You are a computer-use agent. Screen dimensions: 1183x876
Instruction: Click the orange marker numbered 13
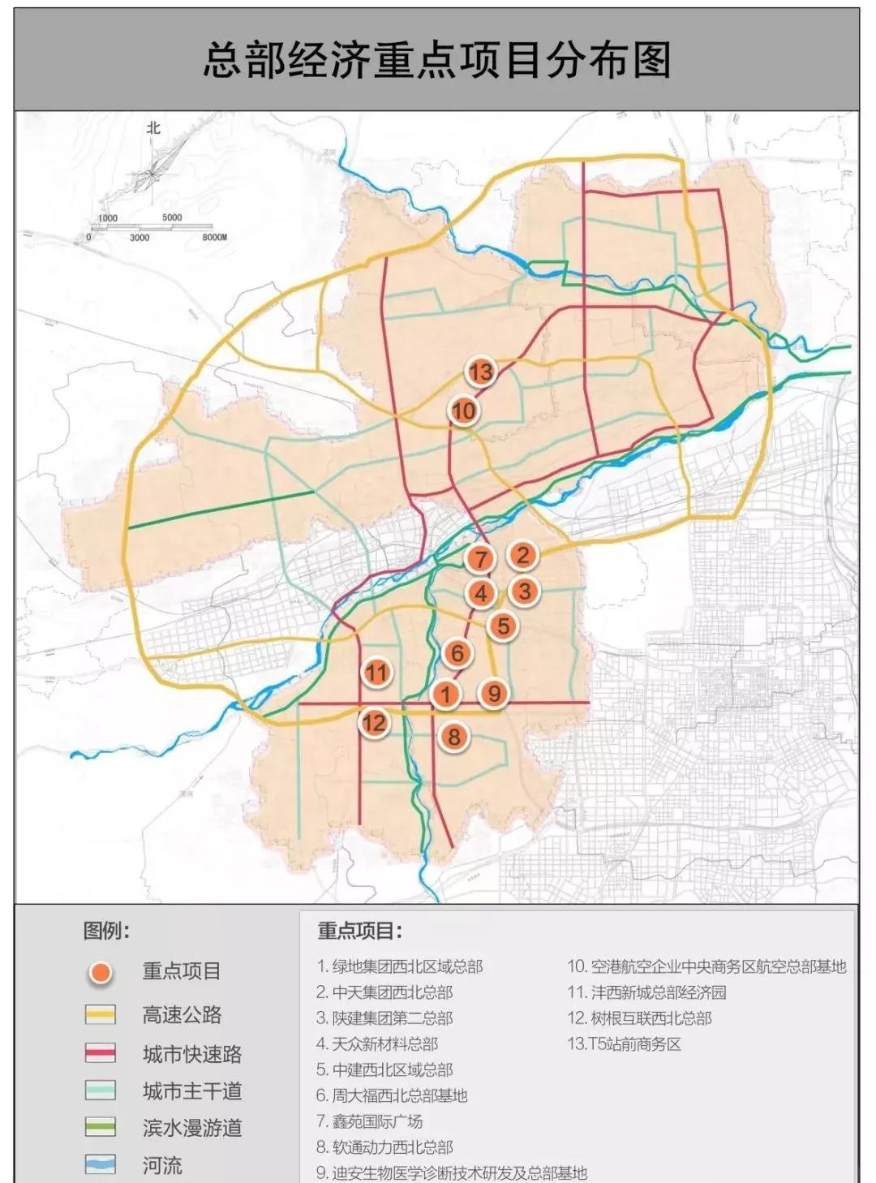(x=480, y=372)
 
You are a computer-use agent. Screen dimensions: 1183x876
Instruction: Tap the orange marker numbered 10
(x=463, y=411)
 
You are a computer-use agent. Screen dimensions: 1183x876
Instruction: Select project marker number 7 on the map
(x=481, y=558)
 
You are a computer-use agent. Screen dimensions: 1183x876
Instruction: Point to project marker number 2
(x=522, y=555)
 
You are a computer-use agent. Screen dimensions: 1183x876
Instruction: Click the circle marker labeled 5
(x=503, y=626)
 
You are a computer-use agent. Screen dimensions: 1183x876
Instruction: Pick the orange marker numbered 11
(x=376, y=672)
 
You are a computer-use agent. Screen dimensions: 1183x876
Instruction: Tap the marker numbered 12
(x=374, y=722)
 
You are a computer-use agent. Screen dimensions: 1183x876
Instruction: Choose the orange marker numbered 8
(x=454, y=736)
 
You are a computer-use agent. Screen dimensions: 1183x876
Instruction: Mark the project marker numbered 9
(x=493, y=693)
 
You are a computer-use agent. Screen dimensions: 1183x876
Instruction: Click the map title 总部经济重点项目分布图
(x=437, y=61)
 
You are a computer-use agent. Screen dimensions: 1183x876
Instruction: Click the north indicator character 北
(x=153, y=128)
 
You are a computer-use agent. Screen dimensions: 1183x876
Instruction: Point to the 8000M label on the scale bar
(x=214, y=238)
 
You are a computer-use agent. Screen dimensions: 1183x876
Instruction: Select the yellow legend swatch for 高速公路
(x=101, y=1014)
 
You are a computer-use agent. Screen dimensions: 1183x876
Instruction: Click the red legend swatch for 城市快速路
(x=101, y=1053)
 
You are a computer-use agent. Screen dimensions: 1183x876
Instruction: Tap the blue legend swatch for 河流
(x=101, y=1165)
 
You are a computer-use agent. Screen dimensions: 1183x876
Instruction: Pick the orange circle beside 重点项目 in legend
(x=101, y=972)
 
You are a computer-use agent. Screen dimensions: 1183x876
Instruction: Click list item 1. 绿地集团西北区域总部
(x=400, y=966)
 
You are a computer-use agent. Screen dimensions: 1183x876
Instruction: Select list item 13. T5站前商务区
(x=624, y=1044)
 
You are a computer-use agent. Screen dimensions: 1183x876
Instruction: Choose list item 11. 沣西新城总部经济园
(x=646, y=992)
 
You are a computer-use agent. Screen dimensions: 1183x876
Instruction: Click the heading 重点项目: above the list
(x=359, y=931)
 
